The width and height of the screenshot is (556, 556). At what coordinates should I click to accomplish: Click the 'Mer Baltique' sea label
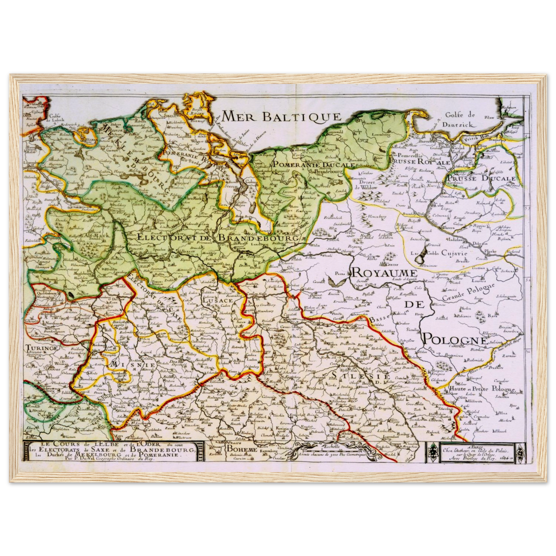282,116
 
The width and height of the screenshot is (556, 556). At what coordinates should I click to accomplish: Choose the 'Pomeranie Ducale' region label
313,164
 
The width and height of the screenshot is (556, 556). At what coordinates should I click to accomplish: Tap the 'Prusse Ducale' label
481,179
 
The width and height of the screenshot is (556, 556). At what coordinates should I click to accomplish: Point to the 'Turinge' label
42,347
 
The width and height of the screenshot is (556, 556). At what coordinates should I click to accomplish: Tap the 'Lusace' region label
218,300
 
